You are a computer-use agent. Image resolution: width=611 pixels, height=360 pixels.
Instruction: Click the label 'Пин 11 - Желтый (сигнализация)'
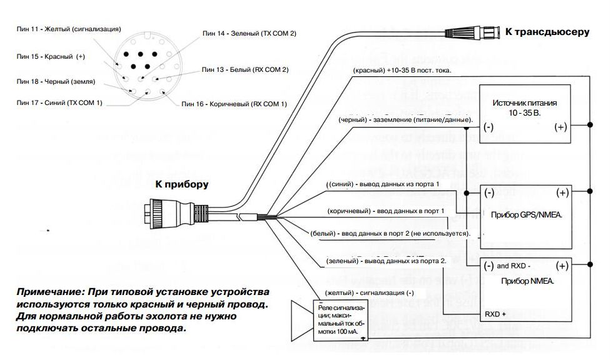[x=68, y=29]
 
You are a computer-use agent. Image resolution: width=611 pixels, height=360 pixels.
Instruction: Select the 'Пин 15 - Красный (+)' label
[x=51, y=56]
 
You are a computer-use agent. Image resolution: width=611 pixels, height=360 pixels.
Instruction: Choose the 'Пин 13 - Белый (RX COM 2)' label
[x=245, y=69]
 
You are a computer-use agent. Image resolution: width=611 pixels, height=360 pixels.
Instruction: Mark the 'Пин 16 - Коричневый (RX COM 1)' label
[x=234, y=103]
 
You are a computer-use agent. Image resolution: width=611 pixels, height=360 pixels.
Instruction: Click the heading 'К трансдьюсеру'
[x=547, y=31]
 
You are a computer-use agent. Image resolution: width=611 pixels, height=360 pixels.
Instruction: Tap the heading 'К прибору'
[x=182, y=184]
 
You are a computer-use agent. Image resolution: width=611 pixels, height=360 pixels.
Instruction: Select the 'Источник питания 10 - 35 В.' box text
[x=524, y=107]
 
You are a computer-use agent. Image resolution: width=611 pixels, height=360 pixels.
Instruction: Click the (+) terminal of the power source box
[x=561, y=127]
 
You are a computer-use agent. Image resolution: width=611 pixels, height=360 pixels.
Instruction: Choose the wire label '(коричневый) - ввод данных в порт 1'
[x=386, y=211]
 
